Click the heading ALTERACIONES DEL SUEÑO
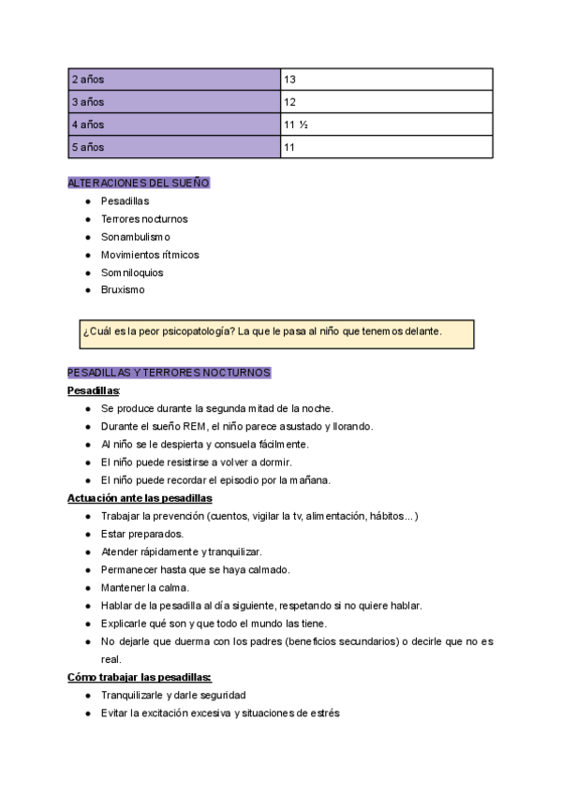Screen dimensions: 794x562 click(x=139, y=183)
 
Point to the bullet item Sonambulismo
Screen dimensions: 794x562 click(x=136, y=237)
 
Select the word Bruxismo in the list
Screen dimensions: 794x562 click(x=123, y=290)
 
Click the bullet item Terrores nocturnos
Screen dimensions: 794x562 click(x=144, y=219)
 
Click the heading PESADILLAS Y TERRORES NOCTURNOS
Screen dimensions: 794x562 click(x=169, y=373)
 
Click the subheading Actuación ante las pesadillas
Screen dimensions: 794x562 click(x=140, y=498)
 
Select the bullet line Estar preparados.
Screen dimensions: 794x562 click(x=141, y=534)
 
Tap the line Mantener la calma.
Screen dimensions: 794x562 click(x=144, y=587)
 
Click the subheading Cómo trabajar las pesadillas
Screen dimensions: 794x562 click(x=139, y=677)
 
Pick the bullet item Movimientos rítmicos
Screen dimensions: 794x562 click(x=150, y=255)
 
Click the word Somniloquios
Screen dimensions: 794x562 click(x=132, y=272)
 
